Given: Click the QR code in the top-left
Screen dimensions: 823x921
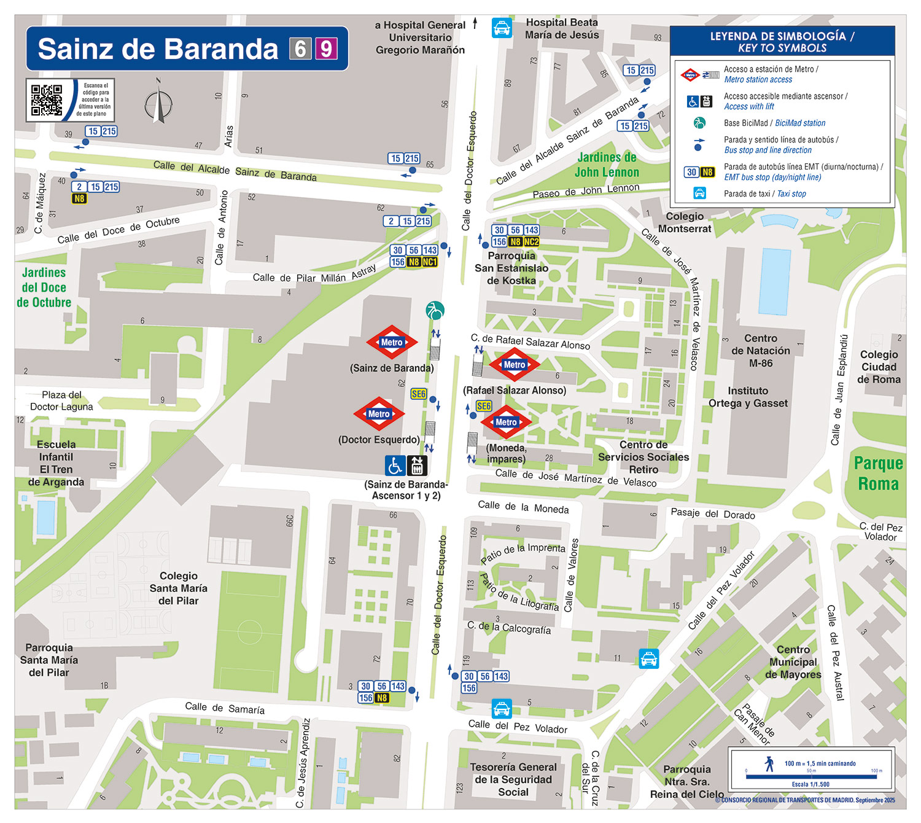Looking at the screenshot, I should pos(47,100).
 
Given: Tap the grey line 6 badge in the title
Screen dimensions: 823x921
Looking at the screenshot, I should pos(300,49).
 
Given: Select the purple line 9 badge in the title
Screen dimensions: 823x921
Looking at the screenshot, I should pos(326,49).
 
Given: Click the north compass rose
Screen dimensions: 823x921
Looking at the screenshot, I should pos(158,103).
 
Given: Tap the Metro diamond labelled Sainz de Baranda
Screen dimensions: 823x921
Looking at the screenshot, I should pos(392,342).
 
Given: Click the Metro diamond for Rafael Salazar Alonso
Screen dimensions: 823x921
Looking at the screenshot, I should pos(514,365).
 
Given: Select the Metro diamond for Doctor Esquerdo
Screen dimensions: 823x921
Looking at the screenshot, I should pos(379,414).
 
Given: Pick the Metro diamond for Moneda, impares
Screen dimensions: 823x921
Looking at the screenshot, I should pos(506,422).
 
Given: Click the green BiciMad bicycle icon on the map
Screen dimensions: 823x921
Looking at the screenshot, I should pos(435,310).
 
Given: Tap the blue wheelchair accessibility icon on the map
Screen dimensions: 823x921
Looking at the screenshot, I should pos(395,466).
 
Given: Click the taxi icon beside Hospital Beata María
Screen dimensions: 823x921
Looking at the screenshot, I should pos(502,28).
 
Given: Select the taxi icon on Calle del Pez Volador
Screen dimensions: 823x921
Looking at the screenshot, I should pos(502,709).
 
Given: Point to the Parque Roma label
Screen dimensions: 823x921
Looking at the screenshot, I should pos(878,474).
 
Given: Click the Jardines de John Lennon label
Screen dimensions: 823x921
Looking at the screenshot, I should pos(607,165).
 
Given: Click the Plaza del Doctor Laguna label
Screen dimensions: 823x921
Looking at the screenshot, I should pos(61,400).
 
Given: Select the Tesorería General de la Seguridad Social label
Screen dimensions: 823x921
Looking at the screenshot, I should pos(513,779).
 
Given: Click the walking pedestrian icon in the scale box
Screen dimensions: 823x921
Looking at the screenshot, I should pos(769,763).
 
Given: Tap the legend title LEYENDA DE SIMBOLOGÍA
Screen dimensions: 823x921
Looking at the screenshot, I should pos(782,42).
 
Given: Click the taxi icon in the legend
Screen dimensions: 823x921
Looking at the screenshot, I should pos(699,193).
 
